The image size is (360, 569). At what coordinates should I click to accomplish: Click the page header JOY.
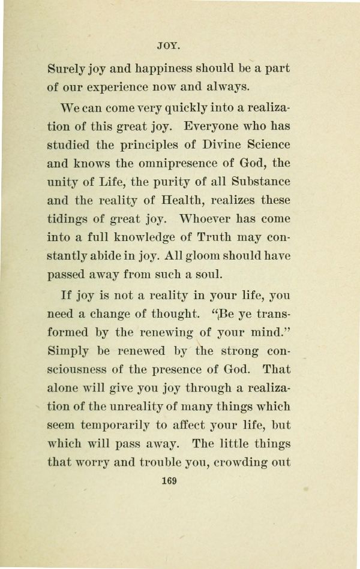coord(169,45)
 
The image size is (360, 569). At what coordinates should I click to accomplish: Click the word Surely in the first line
coord(64,69)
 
